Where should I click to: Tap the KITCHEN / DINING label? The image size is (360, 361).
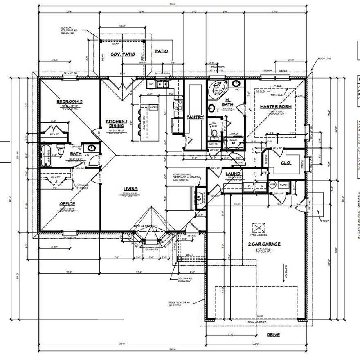117,123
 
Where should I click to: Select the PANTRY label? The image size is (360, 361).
195,117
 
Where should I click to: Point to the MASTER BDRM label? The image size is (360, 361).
276,107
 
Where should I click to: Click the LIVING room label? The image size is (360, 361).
130,189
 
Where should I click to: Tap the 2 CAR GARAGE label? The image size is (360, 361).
264,244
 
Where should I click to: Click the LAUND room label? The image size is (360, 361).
233,174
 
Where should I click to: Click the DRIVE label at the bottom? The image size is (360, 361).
273,335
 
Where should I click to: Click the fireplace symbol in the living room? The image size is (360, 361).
199,197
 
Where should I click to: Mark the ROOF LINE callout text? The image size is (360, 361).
325,59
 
